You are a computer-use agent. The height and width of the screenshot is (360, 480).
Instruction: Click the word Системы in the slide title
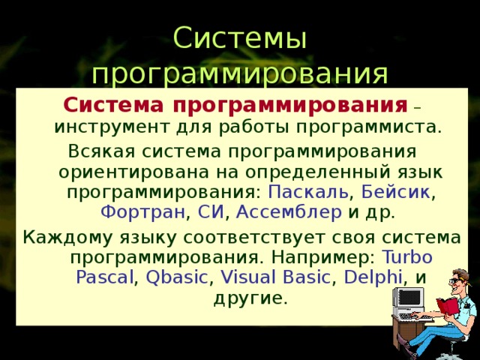(239, 37)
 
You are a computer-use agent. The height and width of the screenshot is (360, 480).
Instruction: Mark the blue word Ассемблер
(289, 213)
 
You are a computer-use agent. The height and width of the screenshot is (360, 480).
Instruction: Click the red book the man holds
(447, 305)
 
